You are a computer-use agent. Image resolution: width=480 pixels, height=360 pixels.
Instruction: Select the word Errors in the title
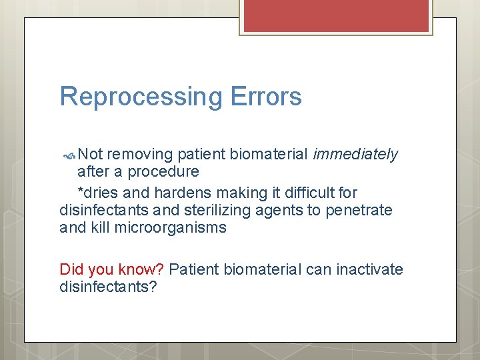[x=266, y=97]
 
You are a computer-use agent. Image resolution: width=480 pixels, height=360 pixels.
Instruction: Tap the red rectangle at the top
[x=337, y=16]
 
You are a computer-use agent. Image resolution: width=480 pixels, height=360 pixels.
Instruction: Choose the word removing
[x=140, y=155]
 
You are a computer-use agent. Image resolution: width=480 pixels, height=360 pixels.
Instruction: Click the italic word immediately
[x=355, y=155]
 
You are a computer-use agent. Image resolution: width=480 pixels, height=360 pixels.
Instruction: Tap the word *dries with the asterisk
[x=99, y=193]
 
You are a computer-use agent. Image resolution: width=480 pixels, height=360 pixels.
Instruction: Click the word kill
[x=103, y=228]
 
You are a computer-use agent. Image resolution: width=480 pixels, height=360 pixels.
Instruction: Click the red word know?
[x=141, y=269]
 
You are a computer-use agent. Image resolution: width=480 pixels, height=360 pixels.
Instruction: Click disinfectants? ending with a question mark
[x=108, y=287]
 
